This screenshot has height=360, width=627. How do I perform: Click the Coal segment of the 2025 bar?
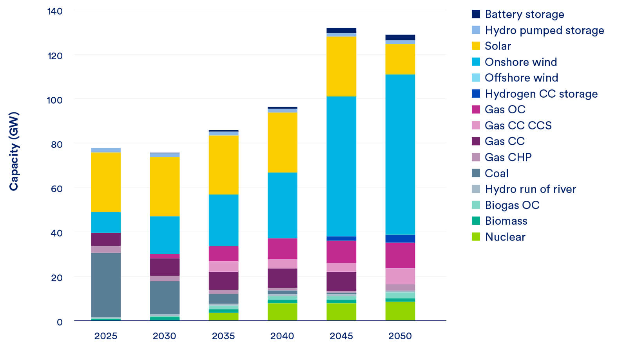106,284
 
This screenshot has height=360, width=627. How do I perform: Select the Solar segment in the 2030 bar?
165,187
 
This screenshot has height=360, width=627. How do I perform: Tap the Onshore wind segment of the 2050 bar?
400,155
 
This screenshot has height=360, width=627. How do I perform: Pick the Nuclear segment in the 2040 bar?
282,312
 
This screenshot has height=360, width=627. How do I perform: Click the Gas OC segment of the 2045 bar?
341,251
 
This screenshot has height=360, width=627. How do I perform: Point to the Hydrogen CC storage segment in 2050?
400,238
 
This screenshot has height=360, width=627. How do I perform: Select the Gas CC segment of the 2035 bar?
223,280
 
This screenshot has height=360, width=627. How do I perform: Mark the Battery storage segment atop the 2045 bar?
341,31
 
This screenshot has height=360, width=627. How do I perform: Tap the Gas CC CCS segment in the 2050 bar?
400,276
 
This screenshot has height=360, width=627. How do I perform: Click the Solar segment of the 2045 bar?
341,66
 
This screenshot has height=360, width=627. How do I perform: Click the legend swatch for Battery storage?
476,14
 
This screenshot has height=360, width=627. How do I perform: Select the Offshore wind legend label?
521,78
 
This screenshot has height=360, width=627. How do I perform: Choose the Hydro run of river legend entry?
530,189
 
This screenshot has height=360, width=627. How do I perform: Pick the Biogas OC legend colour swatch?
476,205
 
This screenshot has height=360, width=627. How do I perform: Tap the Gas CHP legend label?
508,157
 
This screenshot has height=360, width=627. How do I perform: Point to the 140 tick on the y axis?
55,11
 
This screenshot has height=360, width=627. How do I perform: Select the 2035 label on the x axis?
223,336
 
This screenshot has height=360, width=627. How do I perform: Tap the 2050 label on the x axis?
400,336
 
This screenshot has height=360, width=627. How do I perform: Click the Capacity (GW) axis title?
14,151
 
